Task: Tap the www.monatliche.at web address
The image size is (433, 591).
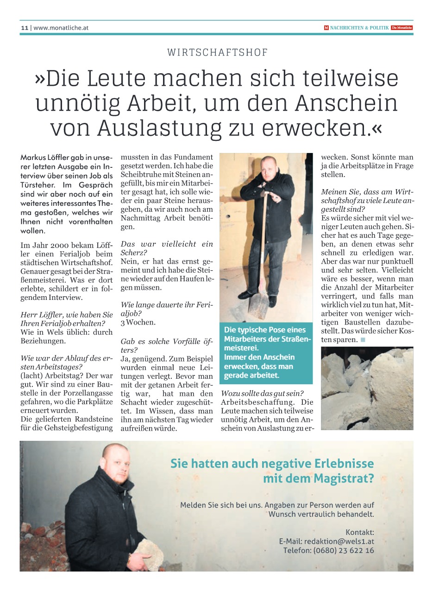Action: [x=61, y=28]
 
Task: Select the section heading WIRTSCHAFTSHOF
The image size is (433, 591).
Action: [x=218, y=52]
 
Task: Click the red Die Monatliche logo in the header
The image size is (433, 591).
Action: [x=402, y=28]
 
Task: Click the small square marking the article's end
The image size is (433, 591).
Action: [x=363, y=340]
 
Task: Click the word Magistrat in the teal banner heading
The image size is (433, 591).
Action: [x=343, y=478]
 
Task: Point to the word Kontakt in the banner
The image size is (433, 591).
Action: [x=359, y=532]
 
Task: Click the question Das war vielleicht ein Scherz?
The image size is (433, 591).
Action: [x=167, y=248]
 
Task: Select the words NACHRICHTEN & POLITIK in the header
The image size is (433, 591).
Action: [x=359, y=28]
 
